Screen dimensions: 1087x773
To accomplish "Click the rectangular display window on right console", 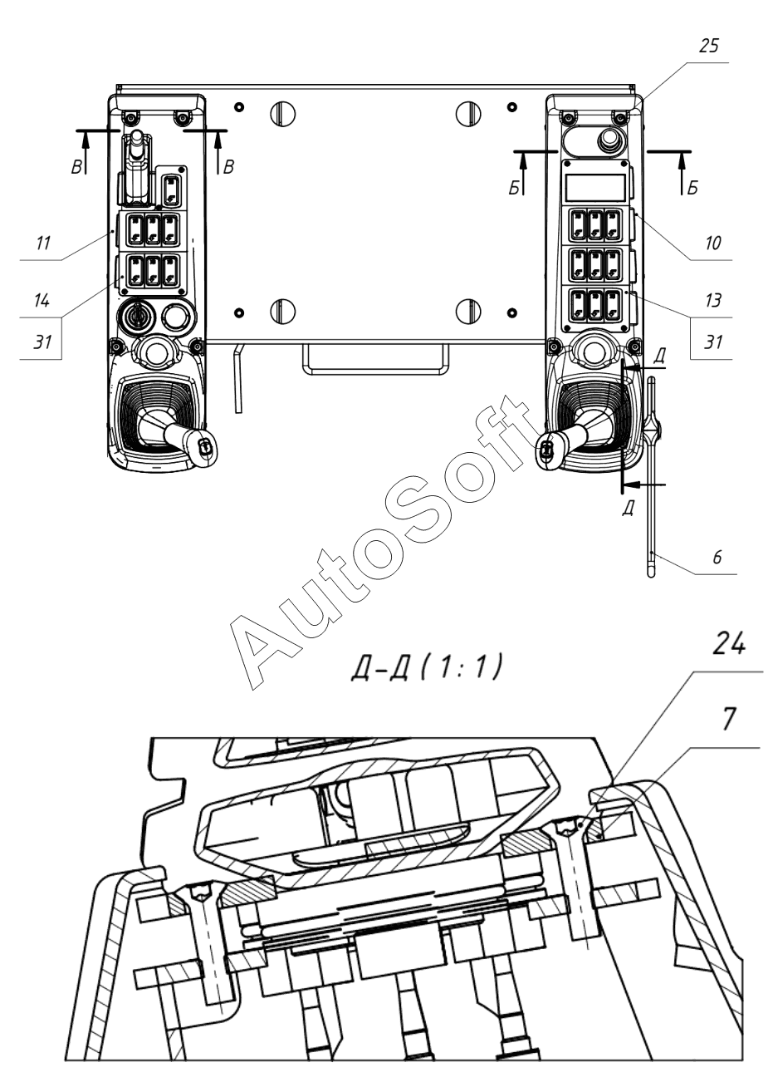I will pyautogui.click(x=594, y=186).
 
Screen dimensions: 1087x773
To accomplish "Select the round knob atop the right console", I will pyautogui.click(x=610, y=136).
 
